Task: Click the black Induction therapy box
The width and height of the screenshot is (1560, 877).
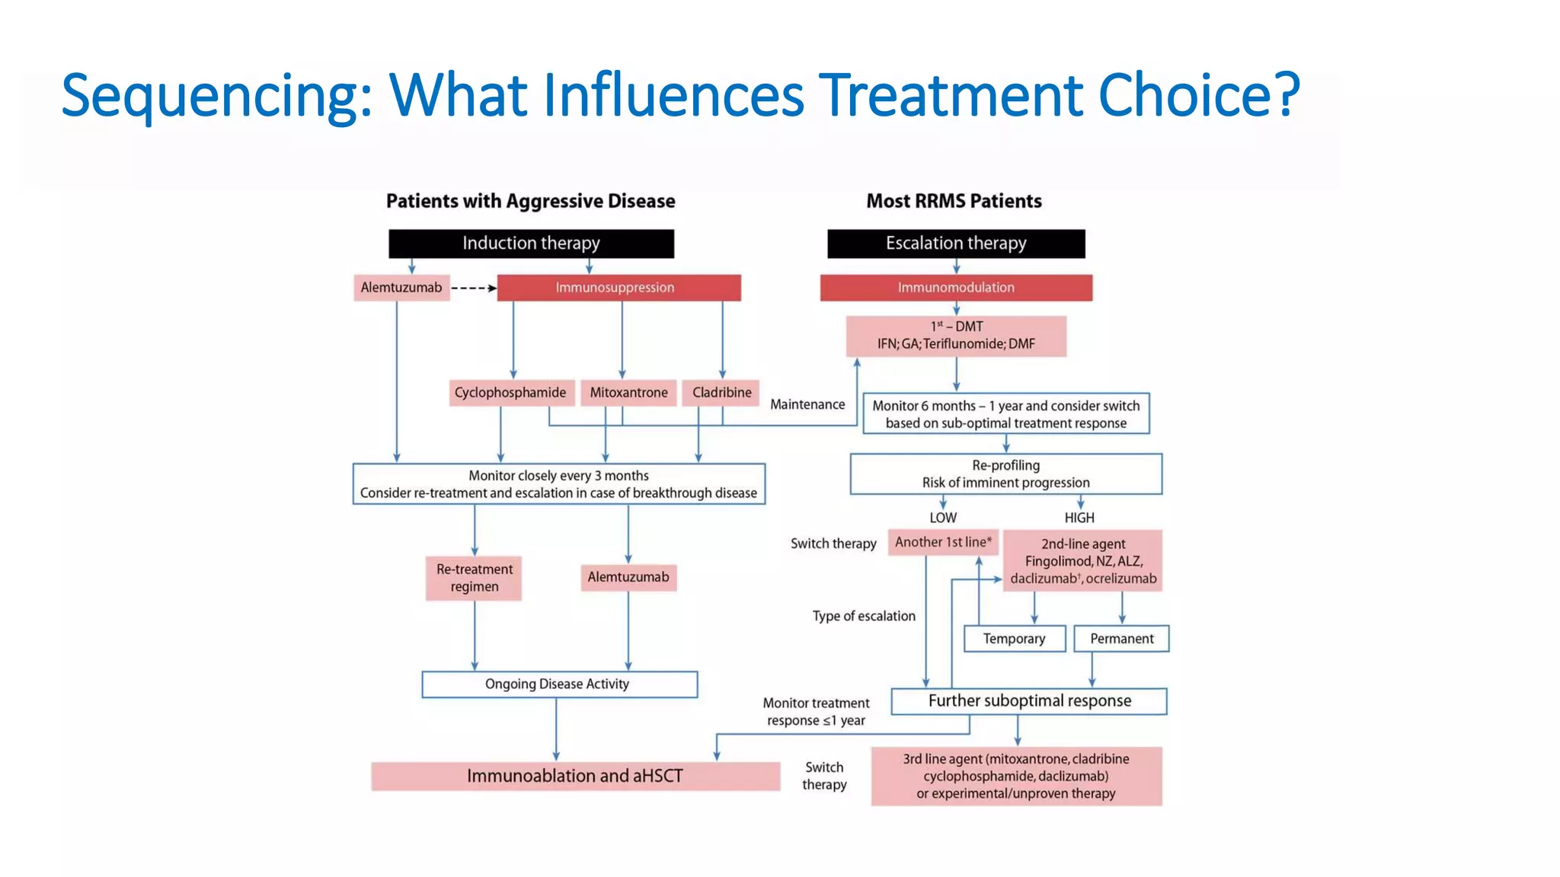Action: (531, 244)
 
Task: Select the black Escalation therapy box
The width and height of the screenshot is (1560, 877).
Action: (956, 244)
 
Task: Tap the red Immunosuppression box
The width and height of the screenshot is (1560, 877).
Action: (619, 288)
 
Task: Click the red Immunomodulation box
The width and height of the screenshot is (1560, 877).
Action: (956, 288)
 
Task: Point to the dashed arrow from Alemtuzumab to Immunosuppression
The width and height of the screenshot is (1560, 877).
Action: (473, 288)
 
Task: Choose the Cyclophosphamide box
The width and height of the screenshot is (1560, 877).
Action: (510, 393)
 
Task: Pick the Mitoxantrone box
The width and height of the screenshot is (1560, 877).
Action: (628, 393)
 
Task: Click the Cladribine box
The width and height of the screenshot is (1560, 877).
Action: (721, 393)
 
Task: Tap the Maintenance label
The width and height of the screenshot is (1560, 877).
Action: (807, 404)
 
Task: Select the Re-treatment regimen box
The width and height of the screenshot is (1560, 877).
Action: (474, 578)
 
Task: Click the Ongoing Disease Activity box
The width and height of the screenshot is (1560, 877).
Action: (559, 684)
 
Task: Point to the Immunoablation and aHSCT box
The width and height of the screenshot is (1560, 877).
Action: (575, 776)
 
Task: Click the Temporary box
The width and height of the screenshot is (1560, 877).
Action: (1014, 639)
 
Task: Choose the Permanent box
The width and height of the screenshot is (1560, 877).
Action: (1121, 639)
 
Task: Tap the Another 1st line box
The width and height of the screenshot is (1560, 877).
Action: (943, 542)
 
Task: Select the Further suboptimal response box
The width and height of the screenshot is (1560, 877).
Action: (1029, 701)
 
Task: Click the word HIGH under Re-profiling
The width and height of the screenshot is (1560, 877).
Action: (1079, 518)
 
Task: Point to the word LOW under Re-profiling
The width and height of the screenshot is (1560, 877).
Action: (942, 518)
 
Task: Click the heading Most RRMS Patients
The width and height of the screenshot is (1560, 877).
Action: (954, 201)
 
